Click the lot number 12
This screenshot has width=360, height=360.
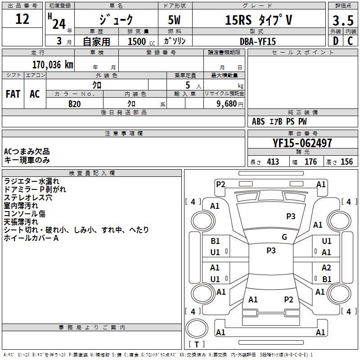coord(22,19)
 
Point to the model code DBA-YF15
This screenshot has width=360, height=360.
coord(258,41)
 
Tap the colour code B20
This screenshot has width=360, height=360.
coord(75,103)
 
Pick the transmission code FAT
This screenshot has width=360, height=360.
coord(13,94)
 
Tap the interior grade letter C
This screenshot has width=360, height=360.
coord(350,41)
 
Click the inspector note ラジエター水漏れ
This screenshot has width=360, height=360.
coord(31,181)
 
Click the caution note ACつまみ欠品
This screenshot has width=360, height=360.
coord(27,152)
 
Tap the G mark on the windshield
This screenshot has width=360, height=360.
coord(284,237)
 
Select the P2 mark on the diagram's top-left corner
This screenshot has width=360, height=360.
coord(220,184)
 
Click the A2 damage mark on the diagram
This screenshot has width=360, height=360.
coord(326,268)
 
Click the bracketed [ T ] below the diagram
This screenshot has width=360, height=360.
coord(196,345)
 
